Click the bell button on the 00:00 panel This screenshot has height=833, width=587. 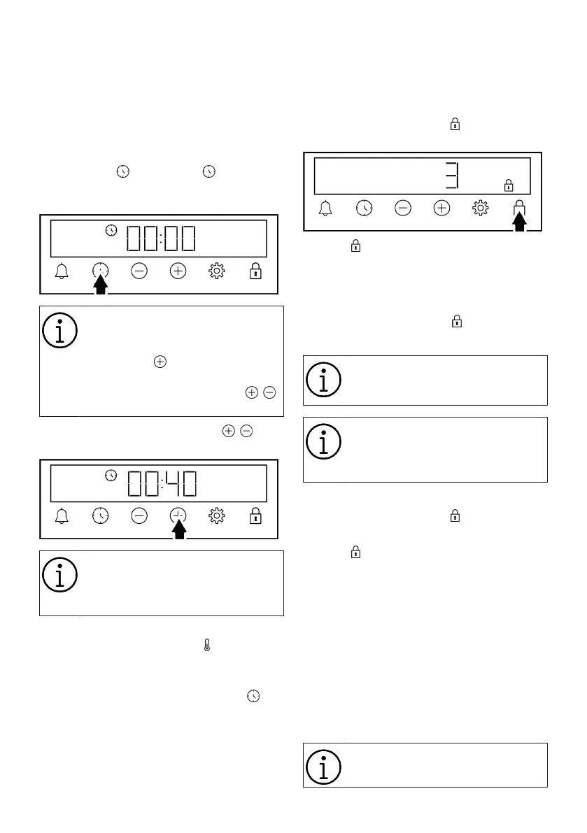pyautogui.click(x=62, y=271)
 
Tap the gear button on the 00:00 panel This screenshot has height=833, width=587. pyautogui.click(x=217, y=271)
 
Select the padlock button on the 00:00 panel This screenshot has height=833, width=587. pyautogui.click(x=255, y=271)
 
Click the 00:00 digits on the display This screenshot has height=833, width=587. pyautogui.click(x=161, y=239)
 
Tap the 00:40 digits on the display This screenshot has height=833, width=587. pyautogui.click(x=161, y=484)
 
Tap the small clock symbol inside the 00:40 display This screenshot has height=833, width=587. pyautogui.click(x=111, y=475)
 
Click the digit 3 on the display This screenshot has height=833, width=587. pyautogui.click(x=453, y=175)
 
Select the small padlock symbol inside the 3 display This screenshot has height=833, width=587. pyautogui.click(x=509, y=185)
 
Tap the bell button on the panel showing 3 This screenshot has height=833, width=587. pyautogui.click(x=325, y=208)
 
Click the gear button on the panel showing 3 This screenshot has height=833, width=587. pyautogui.click(x=480, y=208)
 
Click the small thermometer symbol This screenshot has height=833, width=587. pyautogui.click(x=206, y=647)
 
